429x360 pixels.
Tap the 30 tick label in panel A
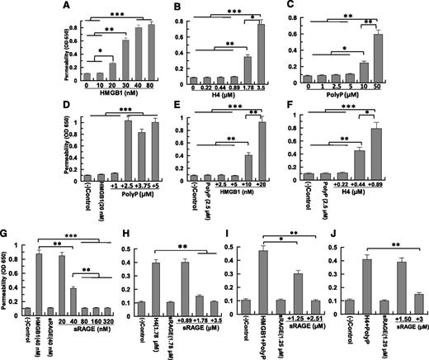click(126, 89)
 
